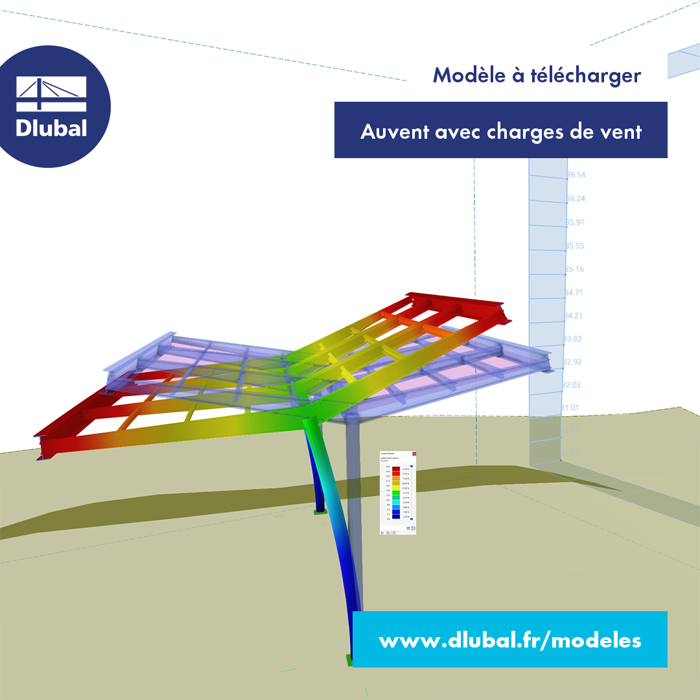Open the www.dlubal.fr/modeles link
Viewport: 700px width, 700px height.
510,640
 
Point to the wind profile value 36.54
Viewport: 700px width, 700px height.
576,175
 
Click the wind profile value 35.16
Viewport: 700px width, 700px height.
574,269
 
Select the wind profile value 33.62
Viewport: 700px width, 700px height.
573,339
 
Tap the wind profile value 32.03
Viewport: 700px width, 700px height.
572,385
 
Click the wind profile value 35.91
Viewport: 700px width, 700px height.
575,222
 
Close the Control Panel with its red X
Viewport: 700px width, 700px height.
414,454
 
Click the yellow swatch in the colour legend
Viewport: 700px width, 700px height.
396,488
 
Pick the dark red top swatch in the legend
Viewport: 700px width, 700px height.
396,469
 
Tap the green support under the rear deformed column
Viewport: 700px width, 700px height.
318,511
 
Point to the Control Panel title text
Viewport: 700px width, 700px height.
388,454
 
